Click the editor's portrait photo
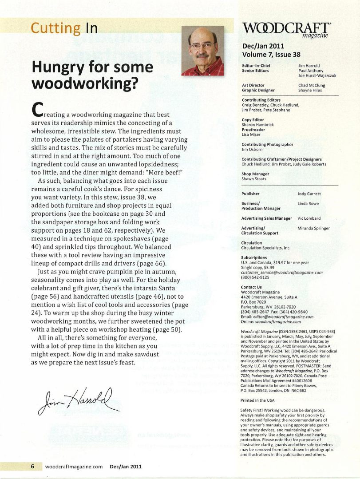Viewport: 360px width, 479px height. (x=202, y=51)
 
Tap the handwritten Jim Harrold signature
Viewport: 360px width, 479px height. (x=79, y=400)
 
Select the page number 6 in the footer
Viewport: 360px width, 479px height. (x=32, y=467)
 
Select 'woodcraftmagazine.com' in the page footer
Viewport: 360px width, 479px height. (x=74, y=467)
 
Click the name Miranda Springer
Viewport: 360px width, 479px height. (x=313, y=228)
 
